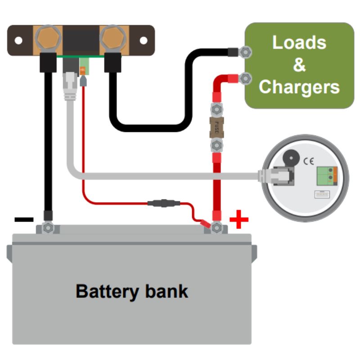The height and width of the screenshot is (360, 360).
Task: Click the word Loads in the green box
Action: pos(299,43)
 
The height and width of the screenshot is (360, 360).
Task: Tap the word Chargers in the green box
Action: pos(299,86)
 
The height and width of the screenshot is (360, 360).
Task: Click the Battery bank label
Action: pos(132,291)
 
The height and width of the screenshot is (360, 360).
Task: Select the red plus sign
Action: pos(239,220)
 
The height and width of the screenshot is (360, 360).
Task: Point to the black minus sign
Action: pos(24,220)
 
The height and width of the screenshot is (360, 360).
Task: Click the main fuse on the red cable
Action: pos(217,127)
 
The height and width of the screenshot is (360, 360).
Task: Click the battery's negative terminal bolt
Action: pos(48,228)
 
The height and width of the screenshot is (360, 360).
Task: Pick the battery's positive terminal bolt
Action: pos(217,228)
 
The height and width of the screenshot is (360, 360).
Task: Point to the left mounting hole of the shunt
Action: pos(18,40)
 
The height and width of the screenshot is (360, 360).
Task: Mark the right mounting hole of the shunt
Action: pos(143,40)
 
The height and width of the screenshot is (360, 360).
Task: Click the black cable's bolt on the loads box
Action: pos(245,52)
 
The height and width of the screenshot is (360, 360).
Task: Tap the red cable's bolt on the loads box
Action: pos(245,78)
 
